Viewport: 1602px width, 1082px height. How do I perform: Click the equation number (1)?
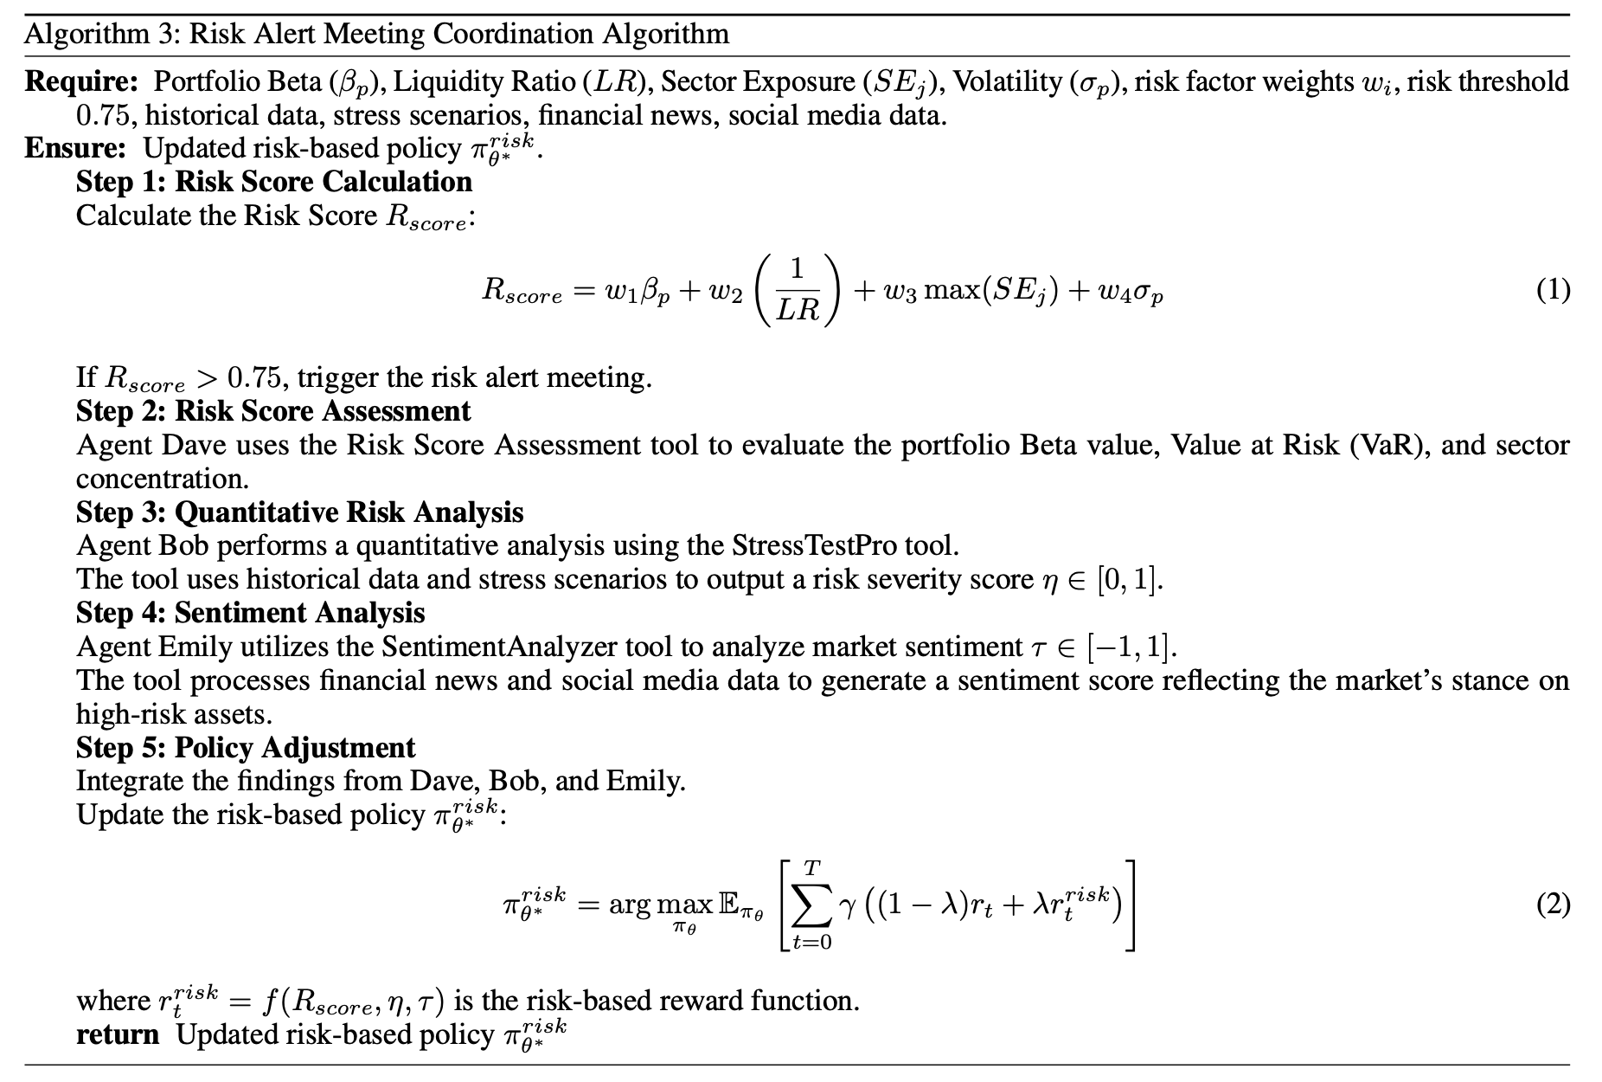1553,289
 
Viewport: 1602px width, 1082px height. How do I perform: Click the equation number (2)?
1553,905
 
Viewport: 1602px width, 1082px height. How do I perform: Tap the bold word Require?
81,81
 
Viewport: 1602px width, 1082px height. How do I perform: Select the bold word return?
118,1034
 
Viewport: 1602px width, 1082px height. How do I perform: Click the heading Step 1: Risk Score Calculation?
274,182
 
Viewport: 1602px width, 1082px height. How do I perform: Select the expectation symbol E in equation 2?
727,905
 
